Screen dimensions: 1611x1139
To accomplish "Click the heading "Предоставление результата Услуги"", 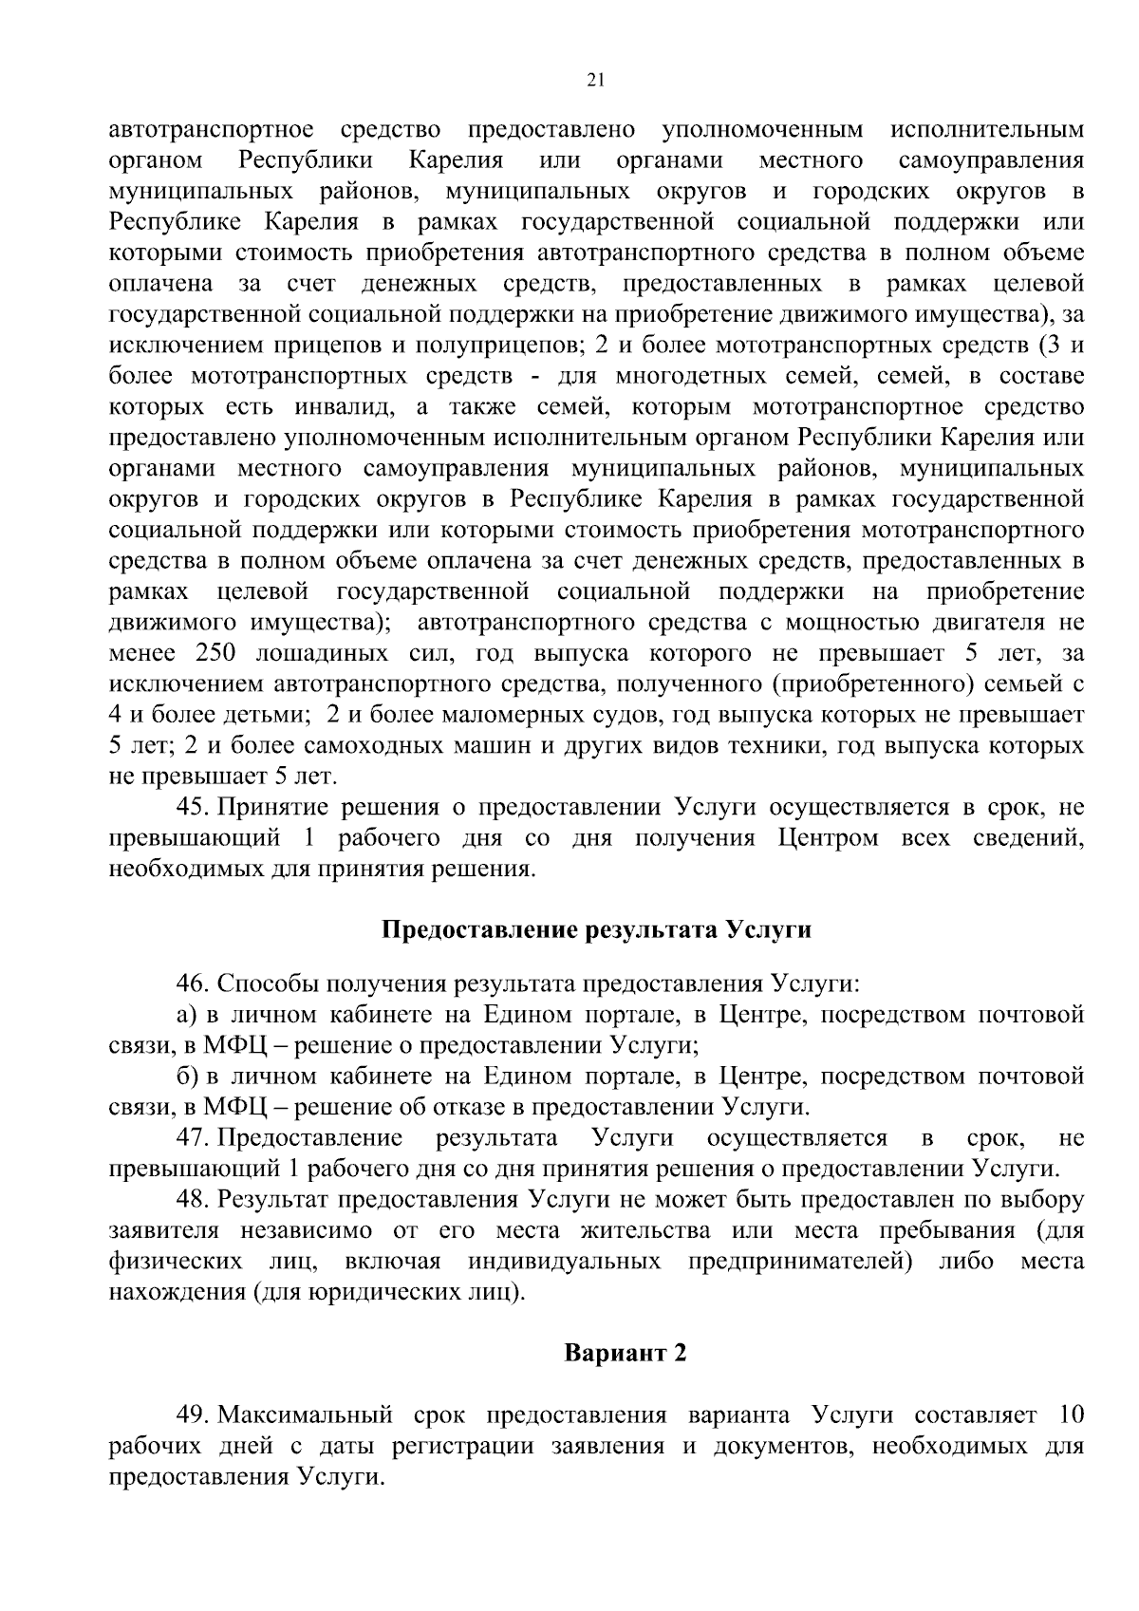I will (596, 929).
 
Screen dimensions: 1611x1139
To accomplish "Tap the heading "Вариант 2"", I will (625, 1353).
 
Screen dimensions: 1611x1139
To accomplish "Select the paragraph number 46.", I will (194, 983).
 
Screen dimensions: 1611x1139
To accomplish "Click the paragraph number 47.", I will (194, 1137).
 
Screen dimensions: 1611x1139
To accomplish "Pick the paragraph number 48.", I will (194, 1199).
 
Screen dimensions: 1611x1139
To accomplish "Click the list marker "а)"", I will (186, 1014).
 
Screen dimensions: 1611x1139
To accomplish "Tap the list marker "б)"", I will (186, 1076).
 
